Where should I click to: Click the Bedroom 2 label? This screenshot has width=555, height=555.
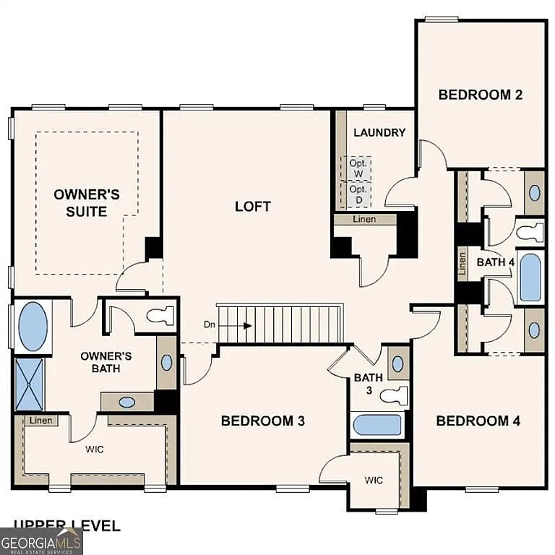(x=481, y=94)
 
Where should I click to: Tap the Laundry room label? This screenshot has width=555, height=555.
(x=379, y=132)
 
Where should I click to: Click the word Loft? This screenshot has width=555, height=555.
(x=253, y=206)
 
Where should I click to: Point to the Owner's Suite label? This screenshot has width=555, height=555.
(x=87, y=202)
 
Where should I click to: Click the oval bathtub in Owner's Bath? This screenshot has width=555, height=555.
(x=33, y=326)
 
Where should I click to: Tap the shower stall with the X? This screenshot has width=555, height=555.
(x=30, y=384)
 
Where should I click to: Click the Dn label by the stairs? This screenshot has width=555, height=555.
(x=210, y=325)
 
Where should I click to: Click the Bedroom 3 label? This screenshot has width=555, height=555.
(x=257, y=421)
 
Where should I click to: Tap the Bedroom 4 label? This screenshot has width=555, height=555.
(x=478, y=421)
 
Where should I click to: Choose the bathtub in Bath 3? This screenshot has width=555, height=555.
(x=377, y=424)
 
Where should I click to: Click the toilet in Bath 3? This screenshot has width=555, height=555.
(x=395, y=395)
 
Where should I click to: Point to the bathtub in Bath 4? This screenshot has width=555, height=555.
(x=530, y=276)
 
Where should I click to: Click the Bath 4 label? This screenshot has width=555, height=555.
(x=495, y=262)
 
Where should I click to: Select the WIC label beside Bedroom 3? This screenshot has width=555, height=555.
(x=374, y=480)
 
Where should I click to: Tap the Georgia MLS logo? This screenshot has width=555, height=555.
(x=41, y=541)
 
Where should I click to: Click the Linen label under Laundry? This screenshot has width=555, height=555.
(x=364, y=219)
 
